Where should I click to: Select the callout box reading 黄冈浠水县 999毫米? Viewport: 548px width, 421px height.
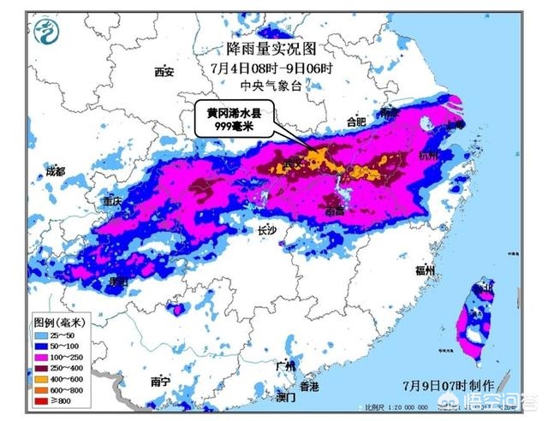click(x=233, y=120)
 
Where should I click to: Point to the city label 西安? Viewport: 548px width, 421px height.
click(x=164, y=72)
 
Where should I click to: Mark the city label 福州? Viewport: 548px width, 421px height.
click(x=426, y=270)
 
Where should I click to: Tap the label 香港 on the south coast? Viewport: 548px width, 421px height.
click(x=309, y=387)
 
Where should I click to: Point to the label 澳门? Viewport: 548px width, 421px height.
click(x=285, y=398)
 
